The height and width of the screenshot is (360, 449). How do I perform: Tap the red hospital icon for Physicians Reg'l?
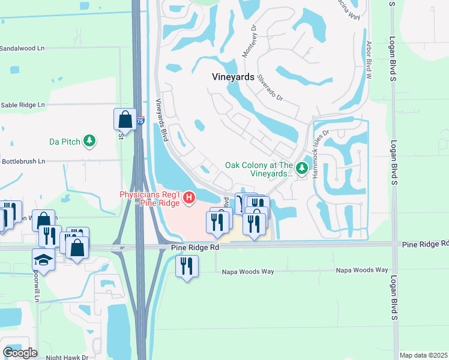point(189,197)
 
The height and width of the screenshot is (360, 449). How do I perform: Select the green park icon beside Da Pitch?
point(89,141)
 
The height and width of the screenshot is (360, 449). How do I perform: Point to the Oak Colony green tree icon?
point(303,166)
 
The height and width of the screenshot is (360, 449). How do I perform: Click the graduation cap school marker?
point(43,260)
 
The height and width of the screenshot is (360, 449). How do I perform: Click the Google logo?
point(20,353)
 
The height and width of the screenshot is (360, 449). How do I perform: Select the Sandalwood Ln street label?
point(22,48)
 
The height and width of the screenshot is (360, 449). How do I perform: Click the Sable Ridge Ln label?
point(22,104)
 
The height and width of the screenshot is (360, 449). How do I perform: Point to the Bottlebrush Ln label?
point(23,161)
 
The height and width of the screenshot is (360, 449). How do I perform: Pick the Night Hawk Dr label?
point(67,357)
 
